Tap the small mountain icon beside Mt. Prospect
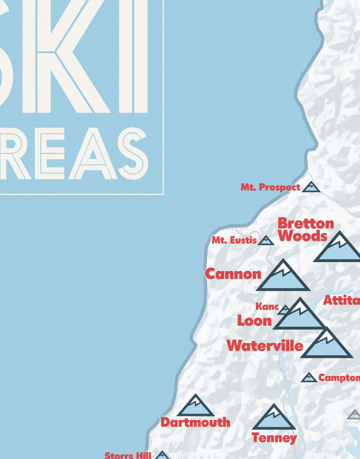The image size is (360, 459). pos(311,187)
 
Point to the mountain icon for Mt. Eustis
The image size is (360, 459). pos(266,241)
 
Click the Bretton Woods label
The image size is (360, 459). pos(306,229)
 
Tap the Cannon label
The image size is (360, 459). pos(233,274)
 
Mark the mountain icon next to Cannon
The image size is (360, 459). pos(283,277)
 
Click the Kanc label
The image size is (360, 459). pos(267,306)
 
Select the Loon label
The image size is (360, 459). pos(254,320)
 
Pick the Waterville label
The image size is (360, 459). pos(265,345)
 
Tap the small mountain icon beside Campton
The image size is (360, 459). pos(309,378)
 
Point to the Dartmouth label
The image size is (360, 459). pos(195,422)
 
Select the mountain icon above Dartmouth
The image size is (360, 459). pos(195,406)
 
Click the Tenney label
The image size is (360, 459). pos(274,438)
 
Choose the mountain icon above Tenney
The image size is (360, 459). pos(274,418)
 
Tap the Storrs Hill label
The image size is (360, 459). pos(128,455)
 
